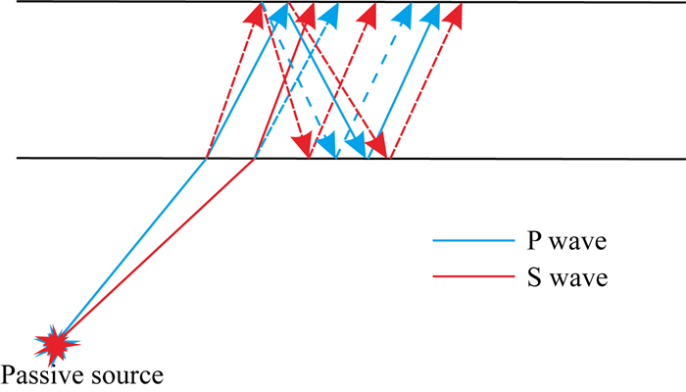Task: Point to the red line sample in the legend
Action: tap(470, 278)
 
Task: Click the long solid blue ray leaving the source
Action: tap(132, 250)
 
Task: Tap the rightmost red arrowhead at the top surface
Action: tap(453, 14)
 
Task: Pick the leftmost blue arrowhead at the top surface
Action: tap(282, 14)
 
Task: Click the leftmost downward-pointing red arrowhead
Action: tap(303, 147)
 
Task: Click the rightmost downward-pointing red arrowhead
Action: tap(384, 148)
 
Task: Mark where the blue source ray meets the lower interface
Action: tap(206, 159)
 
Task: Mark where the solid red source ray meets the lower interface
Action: tap(255, 159)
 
